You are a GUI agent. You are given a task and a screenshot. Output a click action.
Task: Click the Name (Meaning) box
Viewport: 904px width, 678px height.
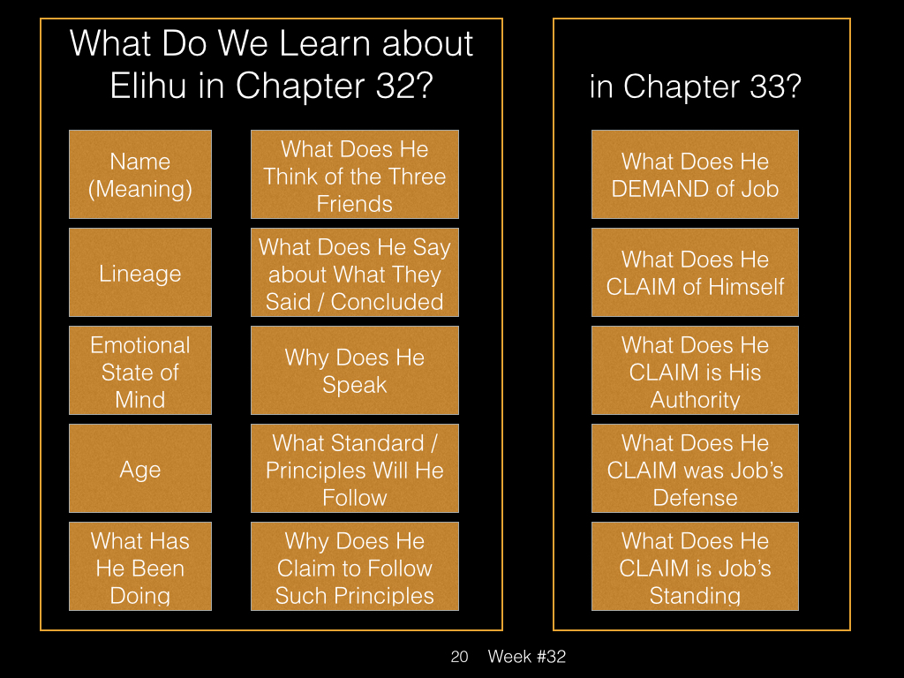tap(140, 174)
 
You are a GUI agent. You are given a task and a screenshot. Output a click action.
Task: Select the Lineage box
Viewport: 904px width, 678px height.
tap(140, 272)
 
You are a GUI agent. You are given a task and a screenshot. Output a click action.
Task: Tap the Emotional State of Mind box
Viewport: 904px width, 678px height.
tap(140, 370)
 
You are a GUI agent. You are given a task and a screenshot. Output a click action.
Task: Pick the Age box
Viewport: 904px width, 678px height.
tap(140, 468)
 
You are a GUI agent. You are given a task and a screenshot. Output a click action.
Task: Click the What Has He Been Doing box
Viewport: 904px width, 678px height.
tap(140, 566)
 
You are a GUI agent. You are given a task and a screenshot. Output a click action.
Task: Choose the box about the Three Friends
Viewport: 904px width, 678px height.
tap(355, 174)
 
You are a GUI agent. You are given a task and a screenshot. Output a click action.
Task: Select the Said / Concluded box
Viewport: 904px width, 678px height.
tap(355, 272)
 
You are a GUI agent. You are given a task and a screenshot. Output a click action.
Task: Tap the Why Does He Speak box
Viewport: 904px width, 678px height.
tap(355, 370)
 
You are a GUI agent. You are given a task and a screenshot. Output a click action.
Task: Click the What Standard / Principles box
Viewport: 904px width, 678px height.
tap(355, 468)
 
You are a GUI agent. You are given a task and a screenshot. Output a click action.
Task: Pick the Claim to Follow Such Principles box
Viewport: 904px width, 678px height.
tap(355, 566)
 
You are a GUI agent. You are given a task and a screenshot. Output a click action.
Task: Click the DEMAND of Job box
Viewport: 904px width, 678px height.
tap(695, 174)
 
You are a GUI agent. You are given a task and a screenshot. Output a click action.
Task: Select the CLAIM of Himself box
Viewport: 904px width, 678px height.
tap(695, 272)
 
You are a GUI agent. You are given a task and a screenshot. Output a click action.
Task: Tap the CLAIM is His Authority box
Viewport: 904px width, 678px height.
tap(695, 370)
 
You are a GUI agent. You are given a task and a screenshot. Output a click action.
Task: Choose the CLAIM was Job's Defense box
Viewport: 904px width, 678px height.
tap(695, 468)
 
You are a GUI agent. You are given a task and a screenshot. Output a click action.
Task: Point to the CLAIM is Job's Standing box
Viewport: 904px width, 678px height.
tap(695, 566)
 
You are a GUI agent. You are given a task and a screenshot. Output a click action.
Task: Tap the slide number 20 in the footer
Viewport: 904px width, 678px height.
tap(459, 657)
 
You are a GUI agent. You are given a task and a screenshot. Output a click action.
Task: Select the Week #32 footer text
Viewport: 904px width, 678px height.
tap(527, 657)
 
